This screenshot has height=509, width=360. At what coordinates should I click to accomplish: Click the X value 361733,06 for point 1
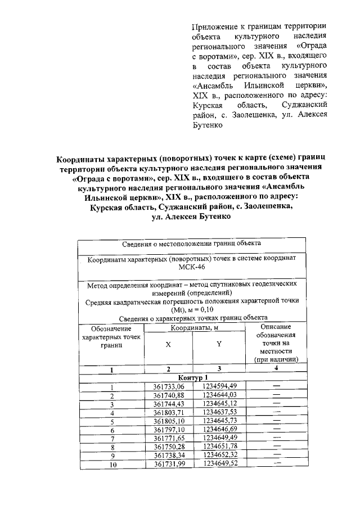(x=169, y=386)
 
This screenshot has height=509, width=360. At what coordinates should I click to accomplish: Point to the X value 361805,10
(x=169, y=421)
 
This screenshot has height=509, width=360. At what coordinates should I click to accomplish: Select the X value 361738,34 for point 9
(x=169, y=456)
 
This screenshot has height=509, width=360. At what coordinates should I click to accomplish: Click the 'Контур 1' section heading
(x=192, y=377)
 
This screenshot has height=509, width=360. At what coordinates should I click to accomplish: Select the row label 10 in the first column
(x=112, y=465)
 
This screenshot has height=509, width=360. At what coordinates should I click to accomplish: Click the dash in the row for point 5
(x=276, y=421)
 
